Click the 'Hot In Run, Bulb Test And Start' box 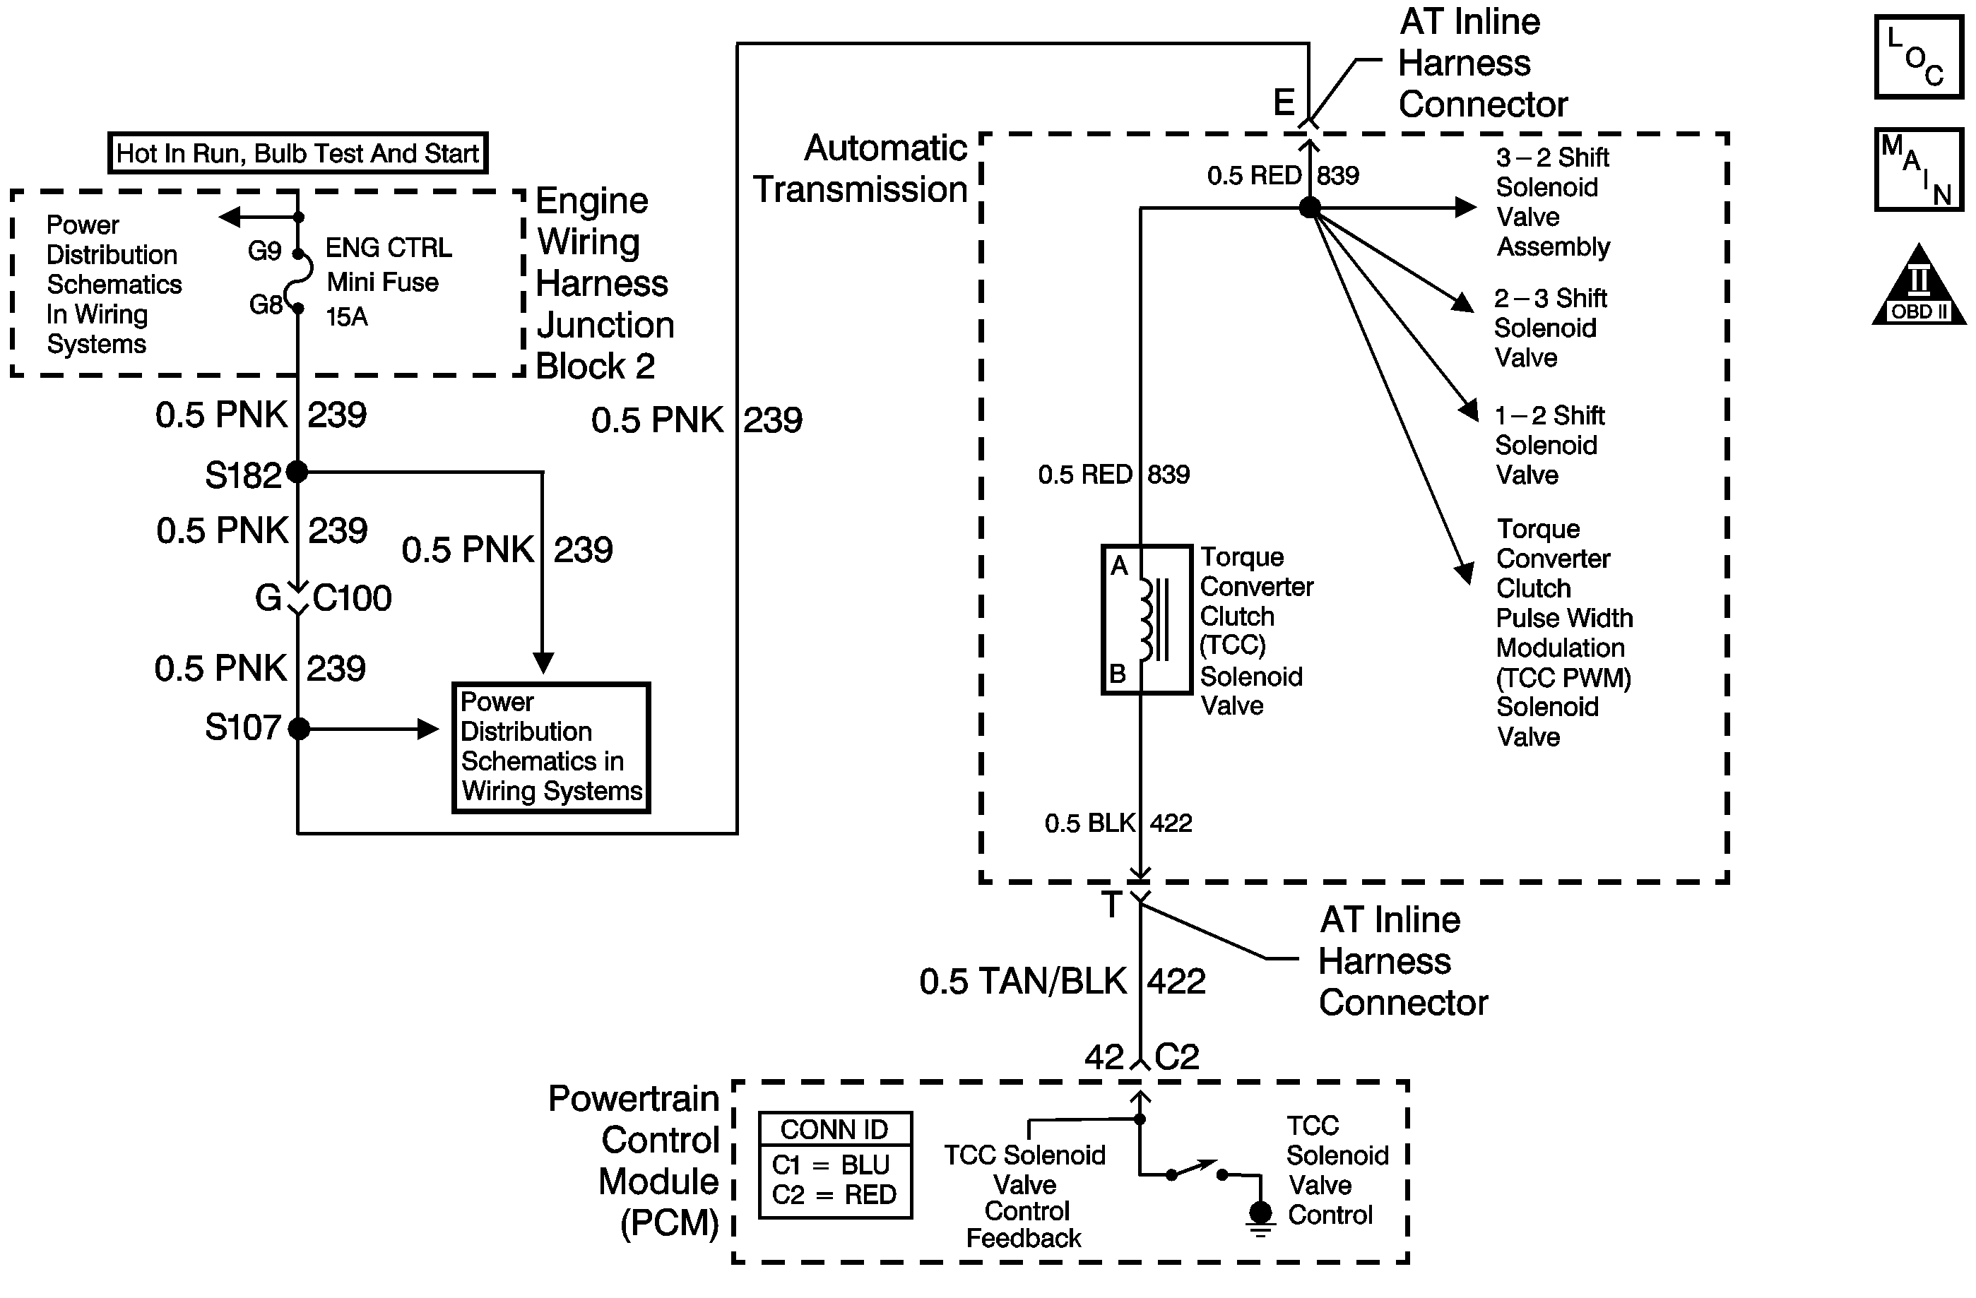tap(297, 153)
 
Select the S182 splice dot tap(297, 472)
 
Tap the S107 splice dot tap(299, 729)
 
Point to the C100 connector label tap(352, 597)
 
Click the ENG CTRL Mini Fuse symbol tap(299, 280)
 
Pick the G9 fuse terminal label tap(265, 251)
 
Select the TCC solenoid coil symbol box tap(1146, 619)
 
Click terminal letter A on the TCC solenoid tap(1119, 566)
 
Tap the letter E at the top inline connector tap(1284, 103)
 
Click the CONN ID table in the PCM tap(835, 1165)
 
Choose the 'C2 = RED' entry tap(834, 1194)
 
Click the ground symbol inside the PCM tap(1260, 1216)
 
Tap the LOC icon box tap(1919, 57)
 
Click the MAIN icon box tap(1919, 169)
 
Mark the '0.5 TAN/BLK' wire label tap(1022, 981)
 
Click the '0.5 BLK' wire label tap(1089, 823)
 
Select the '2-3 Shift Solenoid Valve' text tap(1549, 328)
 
